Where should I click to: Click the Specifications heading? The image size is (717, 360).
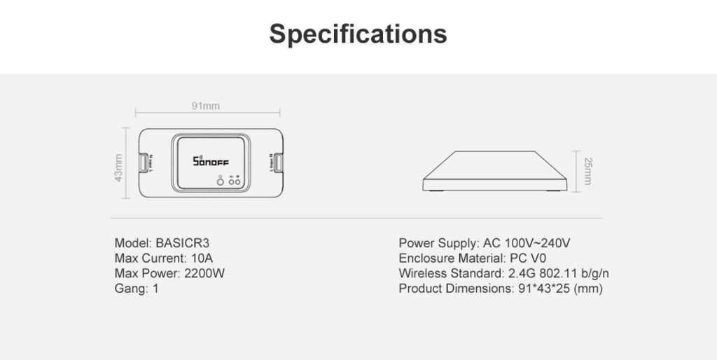358,33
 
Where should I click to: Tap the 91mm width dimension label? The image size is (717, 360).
206,106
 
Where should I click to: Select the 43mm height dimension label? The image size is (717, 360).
119,167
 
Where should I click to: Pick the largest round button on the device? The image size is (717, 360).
220,182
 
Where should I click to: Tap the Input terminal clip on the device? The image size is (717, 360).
144,162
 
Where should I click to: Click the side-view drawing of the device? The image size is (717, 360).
494,171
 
